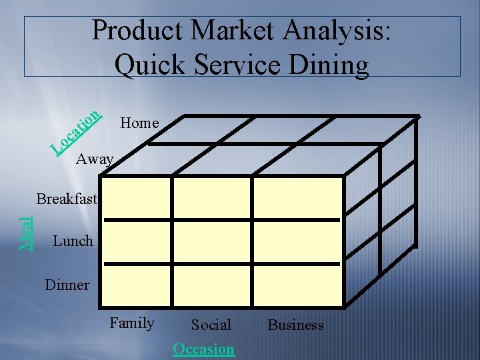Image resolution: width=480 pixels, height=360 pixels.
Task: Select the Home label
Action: pos(139,123)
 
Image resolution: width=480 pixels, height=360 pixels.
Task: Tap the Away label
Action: pos(95,159)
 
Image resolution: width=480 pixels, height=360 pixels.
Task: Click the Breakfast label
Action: pos(67,199)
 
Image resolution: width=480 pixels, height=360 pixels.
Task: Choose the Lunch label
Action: pos(72,241)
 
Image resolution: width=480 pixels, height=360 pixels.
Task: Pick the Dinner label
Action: pos(67,285)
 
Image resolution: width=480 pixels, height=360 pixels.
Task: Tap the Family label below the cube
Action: pos(132,323)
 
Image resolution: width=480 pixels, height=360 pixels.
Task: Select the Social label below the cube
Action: pos(211,325)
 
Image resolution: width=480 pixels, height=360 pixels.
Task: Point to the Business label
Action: pos(295,325)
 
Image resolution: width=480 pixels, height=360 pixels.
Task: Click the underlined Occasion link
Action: pos(203,349)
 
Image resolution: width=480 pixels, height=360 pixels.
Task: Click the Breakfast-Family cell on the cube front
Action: pos(136,198)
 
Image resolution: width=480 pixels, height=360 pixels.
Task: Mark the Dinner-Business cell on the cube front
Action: pos(299,285)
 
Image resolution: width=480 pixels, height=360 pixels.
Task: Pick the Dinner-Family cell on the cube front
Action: pos(136,285)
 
